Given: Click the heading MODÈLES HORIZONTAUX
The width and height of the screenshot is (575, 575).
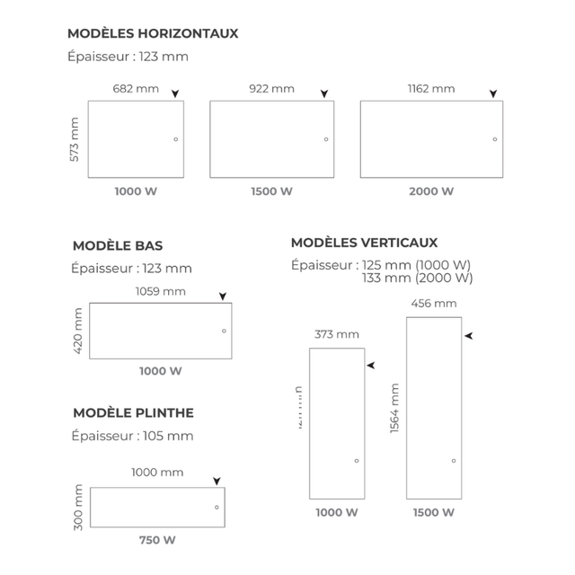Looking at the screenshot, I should (x=153, y=34).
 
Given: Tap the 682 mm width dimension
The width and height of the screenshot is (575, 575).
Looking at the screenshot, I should (x=136, y=89).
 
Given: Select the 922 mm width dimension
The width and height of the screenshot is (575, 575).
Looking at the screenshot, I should (x=271, y=89).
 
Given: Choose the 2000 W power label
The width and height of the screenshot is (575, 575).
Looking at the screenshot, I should (x=431, y=191).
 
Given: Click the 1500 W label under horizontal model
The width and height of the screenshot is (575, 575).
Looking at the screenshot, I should (x=271, y=191).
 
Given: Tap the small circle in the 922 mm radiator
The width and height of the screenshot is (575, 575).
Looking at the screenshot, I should (x=326, y=139).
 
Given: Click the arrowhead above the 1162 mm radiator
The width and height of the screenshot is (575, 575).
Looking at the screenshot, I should (x=492, y=93).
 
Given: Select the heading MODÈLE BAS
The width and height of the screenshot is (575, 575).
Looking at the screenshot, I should (x=118, y=245).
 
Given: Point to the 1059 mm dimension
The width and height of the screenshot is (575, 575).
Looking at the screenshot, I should (x=161, y=291).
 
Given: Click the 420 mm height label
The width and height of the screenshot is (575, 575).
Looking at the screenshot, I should (x=78, y=331).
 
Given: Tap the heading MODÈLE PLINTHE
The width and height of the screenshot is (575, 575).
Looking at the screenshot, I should (x=133, y=413).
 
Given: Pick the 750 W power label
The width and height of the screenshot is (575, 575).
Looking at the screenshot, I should (x=157, y=540).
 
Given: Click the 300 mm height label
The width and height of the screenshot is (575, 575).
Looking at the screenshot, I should (x=78, y=507).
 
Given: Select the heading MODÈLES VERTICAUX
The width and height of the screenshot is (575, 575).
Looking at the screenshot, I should (x=365, y=243).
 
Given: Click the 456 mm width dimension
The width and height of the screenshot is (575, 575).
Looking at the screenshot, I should (x=434, y=304).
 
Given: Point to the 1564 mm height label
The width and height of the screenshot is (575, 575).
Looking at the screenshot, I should (x=395, y=408).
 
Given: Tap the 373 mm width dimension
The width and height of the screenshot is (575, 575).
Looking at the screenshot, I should (x=337, y=334).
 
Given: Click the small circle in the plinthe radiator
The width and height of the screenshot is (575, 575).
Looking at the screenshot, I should (x=217, y=508).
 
